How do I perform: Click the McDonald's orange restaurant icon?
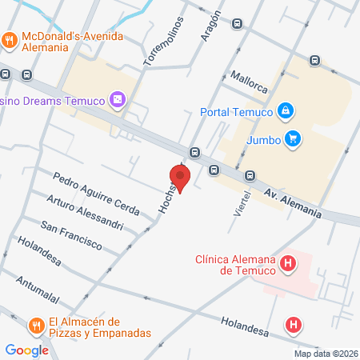click(10, 38)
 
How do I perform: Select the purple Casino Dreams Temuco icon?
click(118, 99)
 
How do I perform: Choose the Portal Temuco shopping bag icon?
click(284, 110)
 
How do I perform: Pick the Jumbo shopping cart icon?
click(293, 138)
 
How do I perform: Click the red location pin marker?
click(180, 177)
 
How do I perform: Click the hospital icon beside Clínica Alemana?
click(286, 262)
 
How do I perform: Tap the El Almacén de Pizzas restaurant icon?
click(36, 326)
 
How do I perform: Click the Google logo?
click(26, 350)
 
